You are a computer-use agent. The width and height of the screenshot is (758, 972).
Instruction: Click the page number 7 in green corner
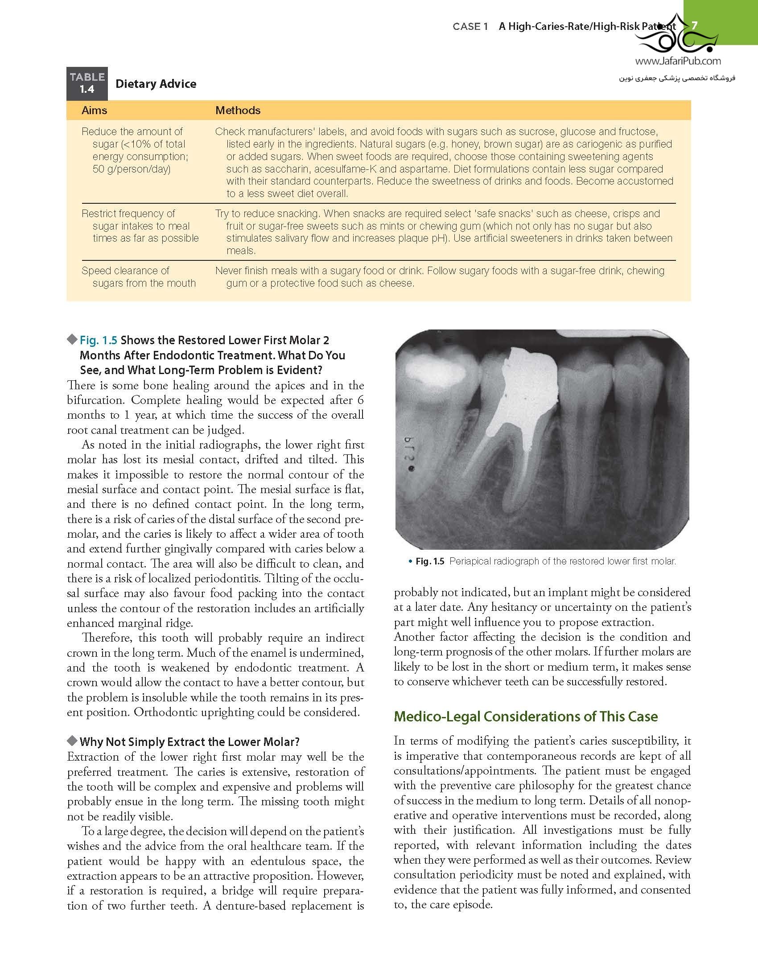[x=694, y=26]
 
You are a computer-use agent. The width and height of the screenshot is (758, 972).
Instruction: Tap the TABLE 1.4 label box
[x=87, y=83]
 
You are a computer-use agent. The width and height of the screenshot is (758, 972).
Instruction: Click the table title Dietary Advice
[x=156, y=84]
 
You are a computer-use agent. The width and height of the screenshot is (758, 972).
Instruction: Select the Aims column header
[x=94, y=110]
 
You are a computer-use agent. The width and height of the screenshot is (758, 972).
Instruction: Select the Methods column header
[x=238, y=110]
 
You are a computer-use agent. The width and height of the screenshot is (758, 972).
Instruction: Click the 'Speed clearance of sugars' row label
[x=138, y=277]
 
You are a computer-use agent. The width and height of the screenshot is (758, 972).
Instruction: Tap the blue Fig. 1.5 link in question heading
[x=98, y=340]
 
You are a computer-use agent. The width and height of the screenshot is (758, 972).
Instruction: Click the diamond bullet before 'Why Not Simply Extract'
[x=72, y=741]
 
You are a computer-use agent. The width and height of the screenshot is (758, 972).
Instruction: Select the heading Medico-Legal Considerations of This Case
[x=526, y=717]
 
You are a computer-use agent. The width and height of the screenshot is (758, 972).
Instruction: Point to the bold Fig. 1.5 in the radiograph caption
[x=429, y=561]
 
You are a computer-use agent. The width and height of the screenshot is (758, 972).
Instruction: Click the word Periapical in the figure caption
[x=471, y=561]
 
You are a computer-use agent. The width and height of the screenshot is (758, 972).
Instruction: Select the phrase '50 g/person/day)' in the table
[x=132, y=169]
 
